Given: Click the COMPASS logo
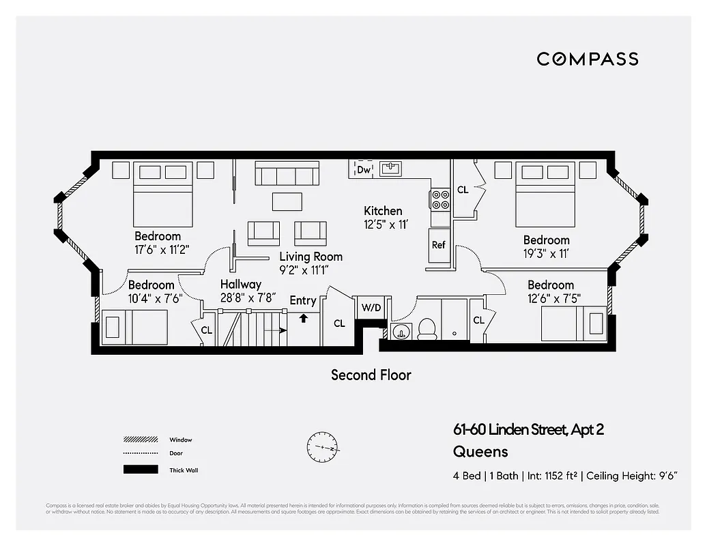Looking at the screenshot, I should [x=587, y=59].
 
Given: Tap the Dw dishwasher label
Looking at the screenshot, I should [x=364, y=169].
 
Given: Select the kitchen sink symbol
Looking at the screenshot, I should [x=391, y=168].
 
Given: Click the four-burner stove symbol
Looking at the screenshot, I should [x=439, y=199].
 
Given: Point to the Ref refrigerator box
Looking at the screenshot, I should [x=439, y=245].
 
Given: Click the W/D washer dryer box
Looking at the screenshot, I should [x=371, y=307].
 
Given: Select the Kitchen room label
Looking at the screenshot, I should [x=383, y=211].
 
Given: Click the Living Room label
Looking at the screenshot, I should [x=311, y=257].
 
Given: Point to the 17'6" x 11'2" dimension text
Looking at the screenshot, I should [x=162, y=250].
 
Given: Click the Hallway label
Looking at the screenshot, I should [x=240, y=284].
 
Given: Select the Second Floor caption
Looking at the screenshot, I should [x=371, y=375].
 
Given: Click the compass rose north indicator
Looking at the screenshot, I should [x=323, y=447].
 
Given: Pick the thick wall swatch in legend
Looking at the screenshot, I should [x=141, y=470].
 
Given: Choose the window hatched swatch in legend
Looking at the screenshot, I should [x=141, y=440].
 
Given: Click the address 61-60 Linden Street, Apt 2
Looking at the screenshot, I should [x=528, y=429].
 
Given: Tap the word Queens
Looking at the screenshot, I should [x=480, y=452].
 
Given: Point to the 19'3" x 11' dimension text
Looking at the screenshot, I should [x=546, y=253].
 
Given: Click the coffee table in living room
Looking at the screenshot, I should [x=287, y=201].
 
